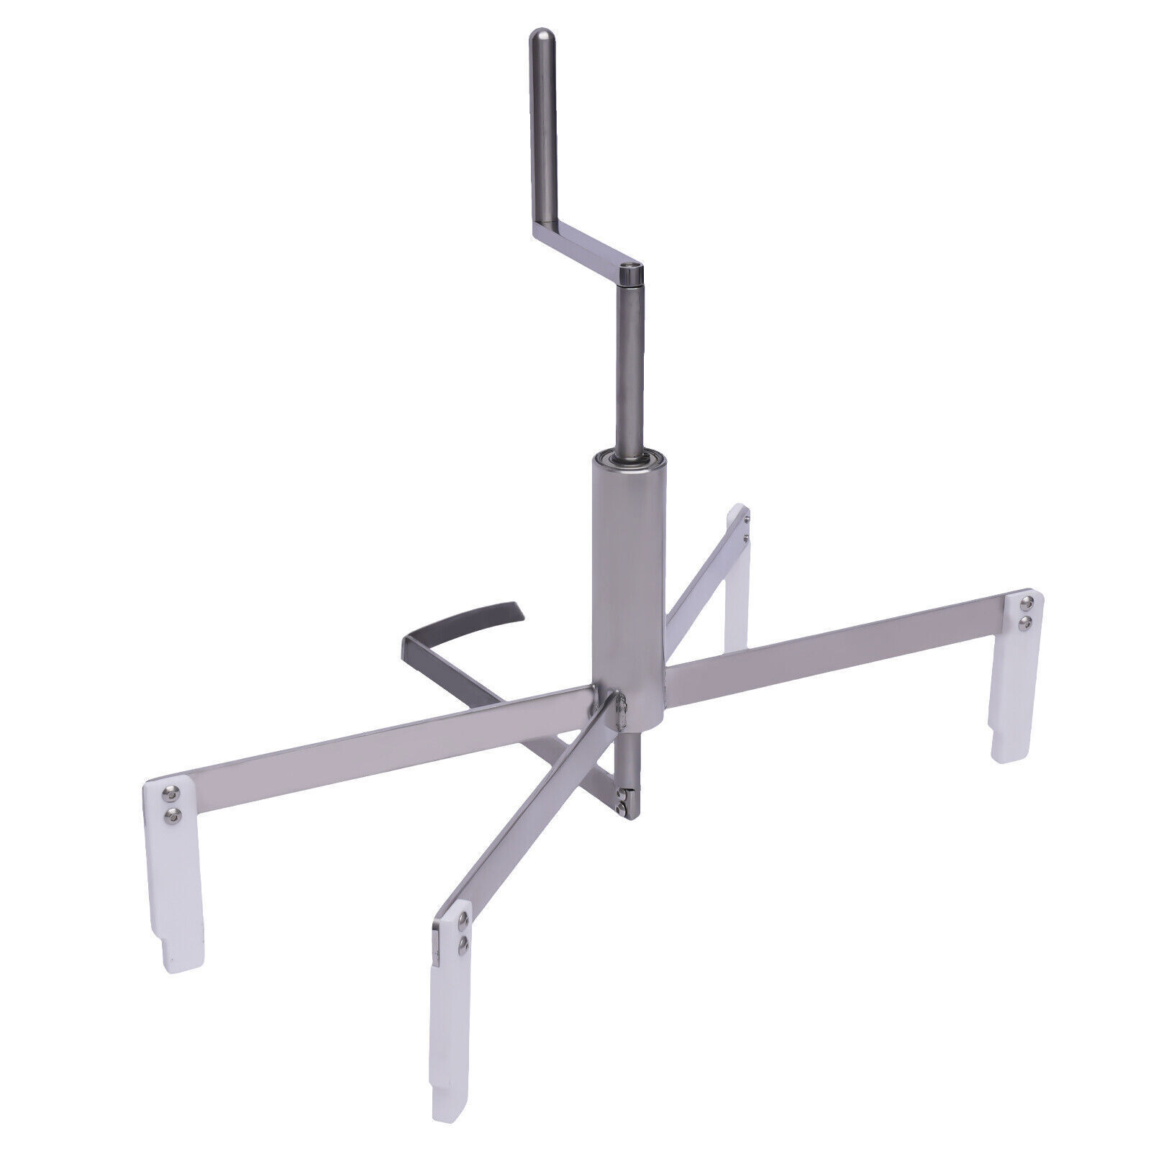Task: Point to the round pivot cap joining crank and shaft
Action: pyautogui.click(x=632, y=274)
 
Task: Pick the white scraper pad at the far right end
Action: pyautogui.click(x=1017, y=676)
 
